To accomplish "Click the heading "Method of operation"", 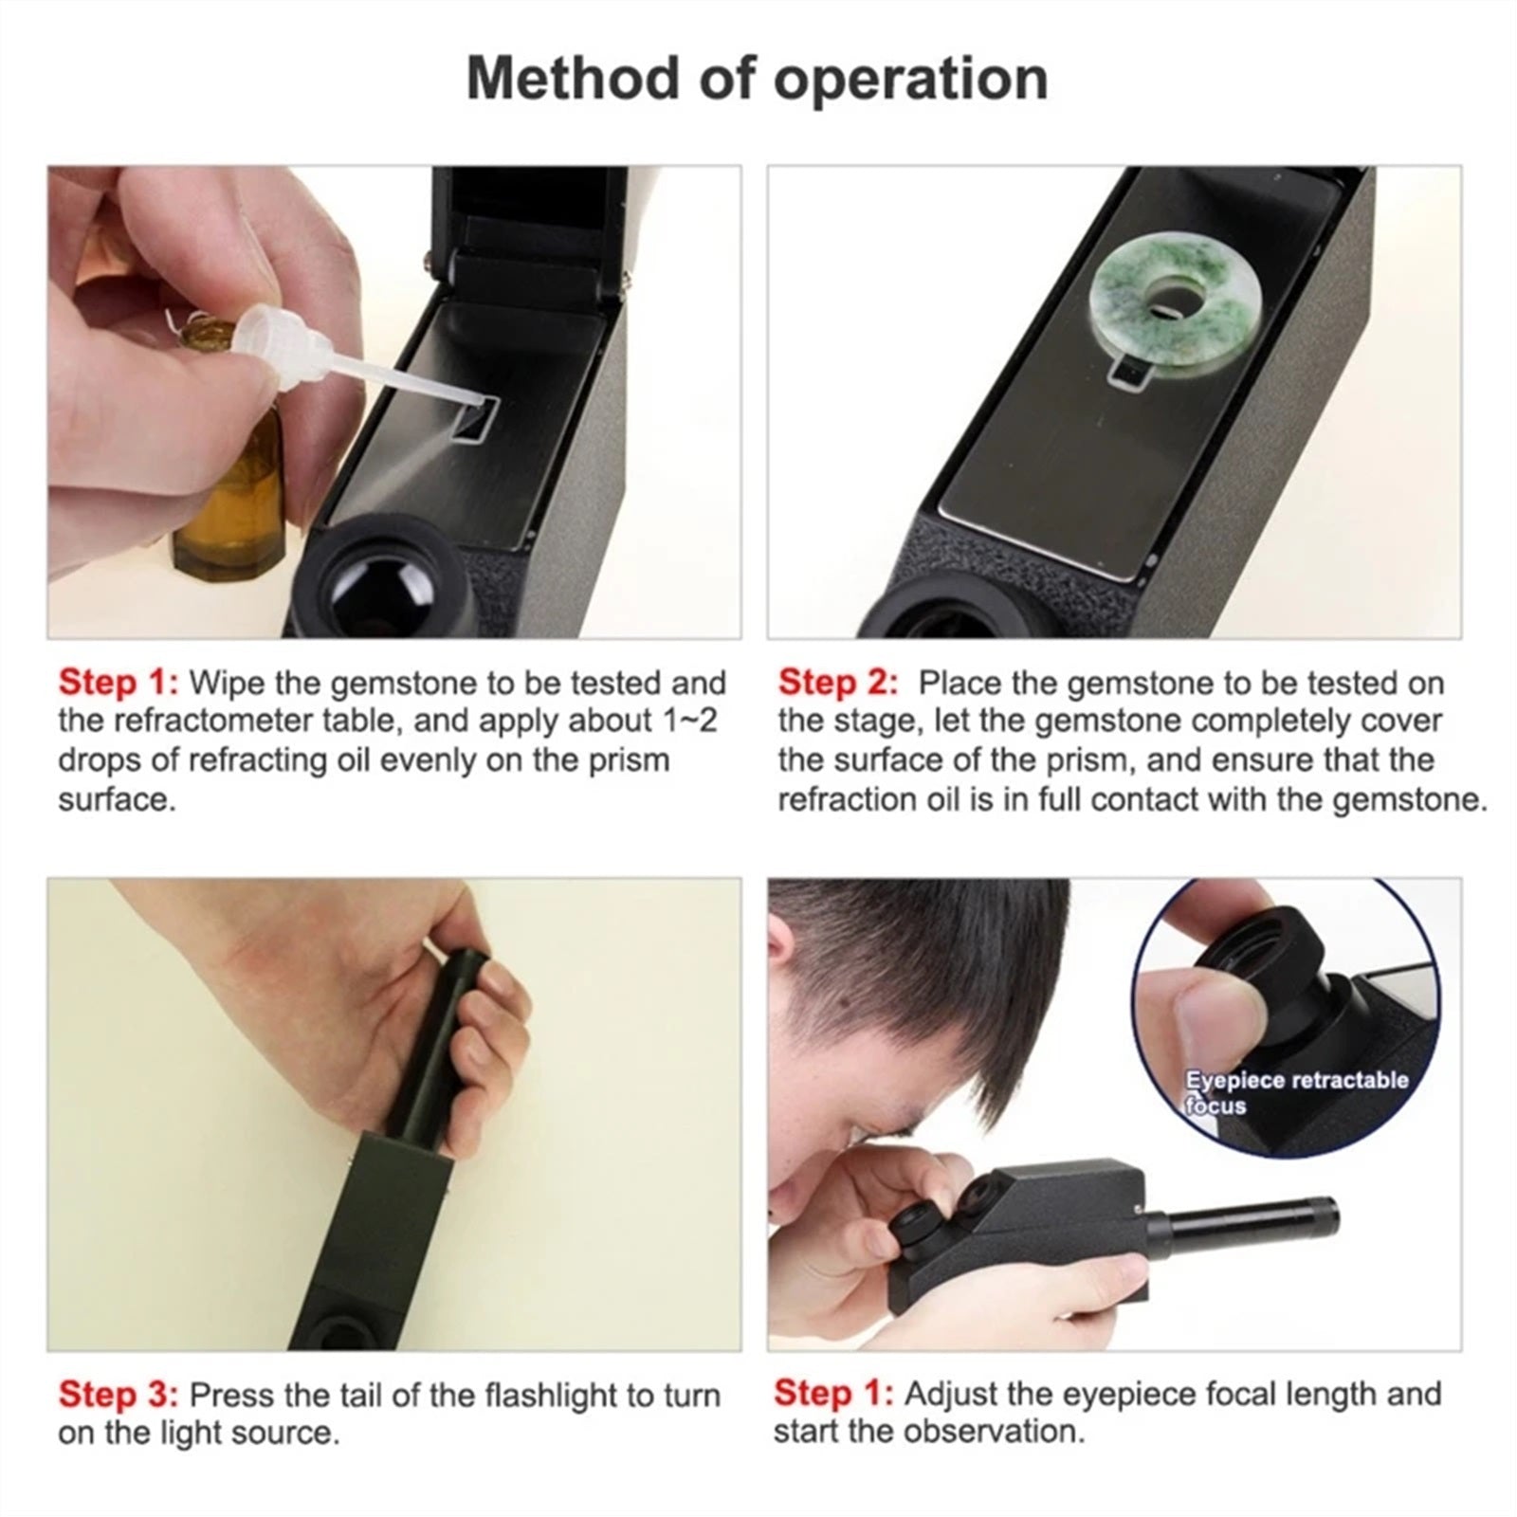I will point(757,78).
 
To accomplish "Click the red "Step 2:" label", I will point(837,683).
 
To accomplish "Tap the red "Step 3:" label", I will point(118,1395).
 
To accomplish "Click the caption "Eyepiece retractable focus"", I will point(1295,1092).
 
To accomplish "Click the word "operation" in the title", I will point(911,78).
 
